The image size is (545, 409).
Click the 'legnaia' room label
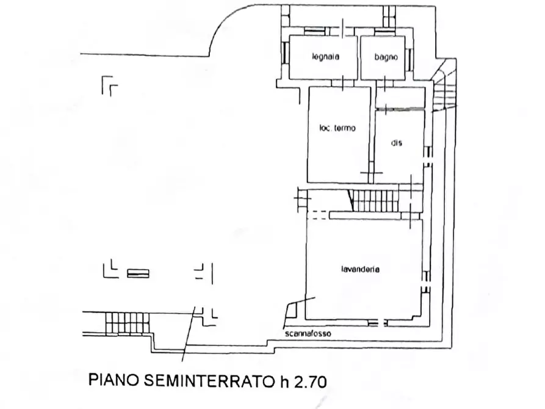324,57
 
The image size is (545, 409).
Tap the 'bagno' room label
386,57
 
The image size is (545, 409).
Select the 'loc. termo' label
337,128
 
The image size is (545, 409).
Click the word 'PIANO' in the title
113,382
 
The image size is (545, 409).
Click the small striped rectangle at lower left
138,273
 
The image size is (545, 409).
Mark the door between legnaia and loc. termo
345,83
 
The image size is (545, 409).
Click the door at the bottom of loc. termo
369,175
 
